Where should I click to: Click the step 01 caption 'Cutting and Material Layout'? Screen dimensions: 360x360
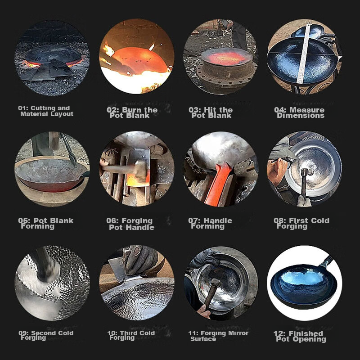pyautogui.click(x=46, y=111)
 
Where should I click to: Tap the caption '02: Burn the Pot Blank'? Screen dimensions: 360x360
pyautogui.click(x=132, y=112)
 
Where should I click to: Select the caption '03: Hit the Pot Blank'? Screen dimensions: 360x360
pyautogui.click(x=211, y=112)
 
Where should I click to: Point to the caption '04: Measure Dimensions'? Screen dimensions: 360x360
pyautogui.click(x=299, y=112)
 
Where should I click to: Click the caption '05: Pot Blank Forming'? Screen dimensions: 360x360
pyautogui.click(x=46, y=223)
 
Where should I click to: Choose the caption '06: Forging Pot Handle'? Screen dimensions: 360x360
pyautogui.click(x=130, y=224)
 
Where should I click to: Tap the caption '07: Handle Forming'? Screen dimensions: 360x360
pyautogui.click(x=210, y=223)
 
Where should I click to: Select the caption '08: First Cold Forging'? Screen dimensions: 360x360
pyautogui.click(x=301, y=223)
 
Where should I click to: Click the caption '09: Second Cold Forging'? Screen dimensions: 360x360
pyautogui.click(x=46, y=335)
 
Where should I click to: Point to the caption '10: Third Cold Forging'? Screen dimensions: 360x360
pyautogui.click(x=131, y=335)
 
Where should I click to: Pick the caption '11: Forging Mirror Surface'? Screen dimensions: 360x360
pyautogui.click(x=218, y=336)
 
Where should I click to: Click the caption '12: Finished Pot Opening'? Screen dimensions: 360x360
pyautogui.click(x=300, y=336)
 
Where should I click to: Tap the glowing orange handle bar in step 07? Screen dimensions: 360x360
pyautogui.click(x=217, y=184)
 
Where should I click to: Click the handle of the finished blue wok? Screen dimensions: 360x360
pyautogui.click(x=326, y=261)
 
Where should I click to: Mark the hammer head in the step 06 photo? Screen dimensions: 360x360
pyautogui.click(x=140, y=169)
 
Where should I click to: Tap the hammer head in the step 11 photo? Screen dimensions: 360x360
pyautogui.click(x=216, y=282)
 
